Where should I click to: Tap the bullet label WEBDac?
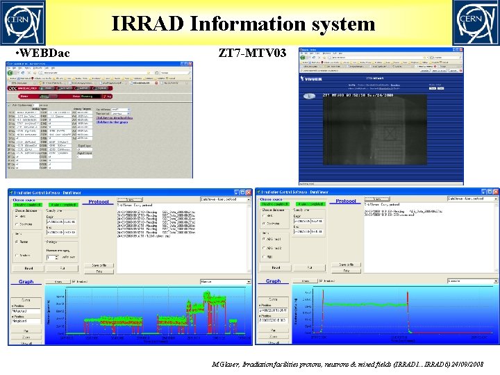pyautogui.click(x=42, y=53)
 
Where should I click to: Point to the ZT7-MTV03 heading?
pyautogui.click(x=252, y=53)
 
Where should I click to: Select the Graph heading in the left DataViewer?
pyautogui.click(x=26, y=281)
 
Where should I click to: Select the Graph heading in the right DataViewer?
pyautogui.click(x=273, y=281)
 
